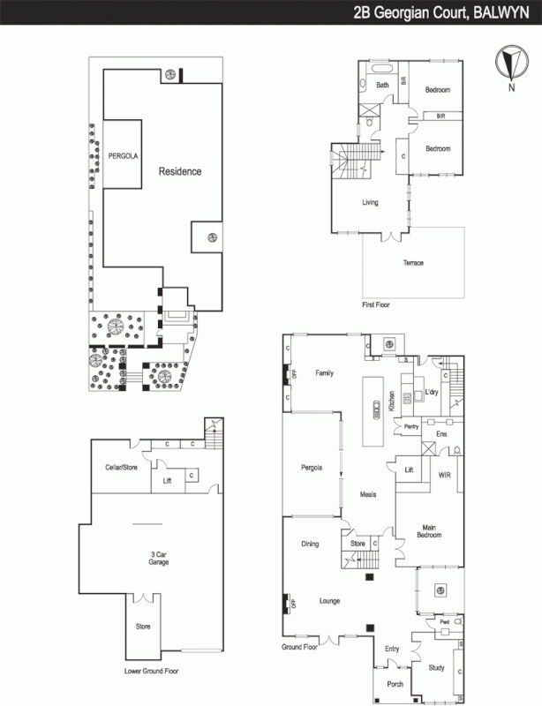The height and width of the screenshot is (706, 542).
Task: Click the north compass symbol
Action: [x=508, y=65]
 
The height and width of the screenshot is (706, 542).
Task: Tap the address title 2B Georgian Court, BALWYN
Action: [x=442, y=12]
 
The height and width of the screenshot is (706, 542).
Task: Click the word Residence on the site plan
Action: [x=180, y=171]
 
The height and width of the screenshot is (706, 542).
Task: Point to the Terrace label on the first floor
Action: [x=413, y=264]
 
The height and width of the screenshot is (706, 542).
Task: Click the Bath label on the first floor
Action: [x=382, y=86]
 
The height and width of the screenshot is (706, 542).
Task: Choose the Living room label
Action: [x=370, y=203]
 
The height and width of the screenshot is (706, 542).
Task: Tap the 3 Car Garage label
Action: [x=160, y=560]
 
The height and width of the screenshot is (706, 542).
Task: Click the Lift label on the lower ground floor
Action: [x=167, y=481]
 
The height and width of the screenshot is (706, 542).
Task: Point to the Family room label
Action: [x=324, y=374]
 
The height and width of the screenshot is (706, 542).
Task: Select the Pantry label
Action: [x=410, y=427]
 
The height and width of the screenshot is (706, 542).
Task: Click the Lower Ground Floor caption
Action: [x=151, y=672]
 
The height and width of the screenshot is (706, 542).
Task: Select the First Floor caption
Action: [x=376, y=304]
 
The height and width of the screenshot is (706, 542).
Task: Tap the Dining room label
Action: [x=309, y=545]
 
